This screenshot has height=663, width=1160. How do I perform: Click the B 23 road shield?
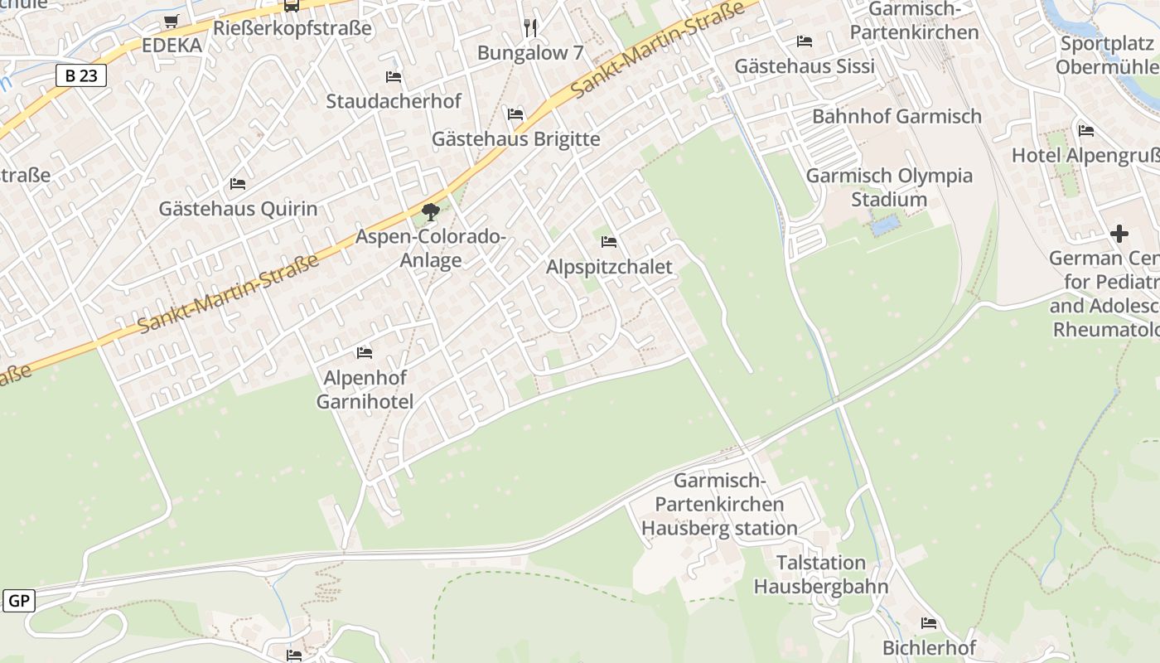click(x=81, y=75)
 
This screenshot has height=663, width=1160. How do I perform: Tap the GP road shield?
click(x=18, y=601)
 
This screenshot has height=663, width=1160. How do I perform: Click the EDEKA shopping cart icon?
click(x=171, y=22)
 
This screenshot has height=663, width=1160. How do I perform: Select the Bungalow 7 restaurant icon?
click(x=530, y=28)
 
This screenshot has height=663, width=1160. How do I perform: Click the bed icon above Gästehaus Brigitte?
click(x=515, y=114)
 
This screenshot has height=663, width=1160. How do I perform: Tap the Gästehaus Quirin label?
click(x=238, y=208)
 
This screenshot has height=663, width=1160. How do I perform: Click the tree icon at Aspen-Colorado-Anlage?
click(x=430, y=213)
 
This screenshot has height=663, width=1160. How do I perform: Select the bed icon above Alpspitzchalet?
click(x=609, y=242)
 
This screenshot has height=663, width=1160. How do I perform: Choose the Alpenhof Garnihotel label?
click(x=365, y=390)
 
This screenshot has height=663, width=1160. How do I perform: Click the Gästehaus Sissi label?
click(x=805, y=66)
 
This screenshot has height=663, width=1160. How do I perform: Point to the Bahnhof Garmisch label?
click(x=897, y=116)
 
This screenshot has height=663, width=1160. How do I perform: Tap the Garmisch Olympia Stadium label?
click(x=889, y=187)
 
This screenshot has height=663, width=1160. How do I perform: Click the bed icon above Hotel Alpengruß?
click(x=1086, y=131)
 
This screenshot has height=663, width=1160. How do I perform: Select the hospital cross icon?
click(x=1119, y=234)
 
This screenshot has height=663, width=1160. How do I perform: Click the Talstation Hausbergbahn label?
click(x=820, y=575)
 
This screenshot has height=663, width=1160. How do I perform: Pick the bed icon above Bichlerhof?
click(x=929, y=623)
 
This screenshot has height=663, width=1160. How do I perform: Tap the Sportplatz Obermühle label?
click(x=1107, y=55)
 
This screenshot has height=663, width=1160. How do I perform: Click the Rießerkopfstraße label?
click(x=292, y=28)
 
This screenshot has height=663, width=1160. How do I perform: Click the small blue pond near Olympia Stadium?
click(x=884, y=225)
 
